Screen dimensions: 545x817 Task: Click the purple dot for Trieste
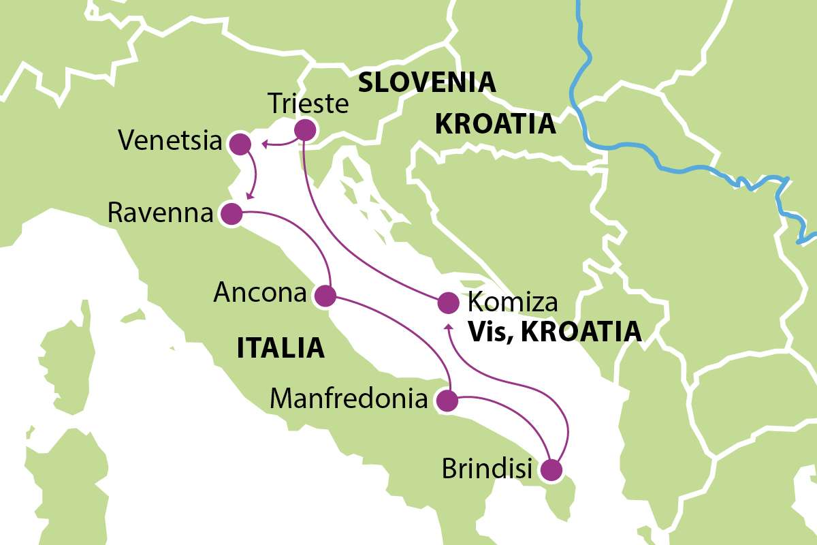(x=304, y=130)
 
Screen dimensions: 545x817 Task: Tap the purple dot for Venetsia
(x=240, y=144)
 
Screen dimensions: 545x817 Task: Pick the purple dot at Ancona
(x=325, y=296)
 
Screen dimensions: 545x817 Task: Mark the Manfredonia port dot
(x=446, y=401)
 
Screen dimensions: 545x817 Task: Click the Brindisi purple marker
(x=551, y=470)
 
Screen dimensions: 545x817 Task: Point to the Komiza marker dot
(x=447, y=302)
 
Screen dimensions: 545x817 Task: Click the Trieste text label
(x=308, y=104)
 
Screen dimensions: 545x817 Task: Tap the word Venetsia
(x=170, y=142)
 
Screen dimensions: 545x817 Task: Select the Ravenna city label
(x=161, y=213)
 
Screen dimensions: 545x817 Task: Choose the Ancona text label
(x=259, y=293)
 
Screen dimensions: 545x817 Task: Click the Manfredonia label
(x=349, y=399)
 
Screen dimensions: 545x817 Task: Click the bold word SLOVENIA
(x=426, y=82)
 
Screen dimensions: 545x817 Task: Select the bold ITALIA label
(x=280, y=348)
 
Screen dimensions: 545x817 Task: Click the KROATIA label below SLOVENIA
(x=495, y=125)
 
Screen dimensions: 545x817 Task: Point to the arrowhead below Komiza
(x=448, y=328)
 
